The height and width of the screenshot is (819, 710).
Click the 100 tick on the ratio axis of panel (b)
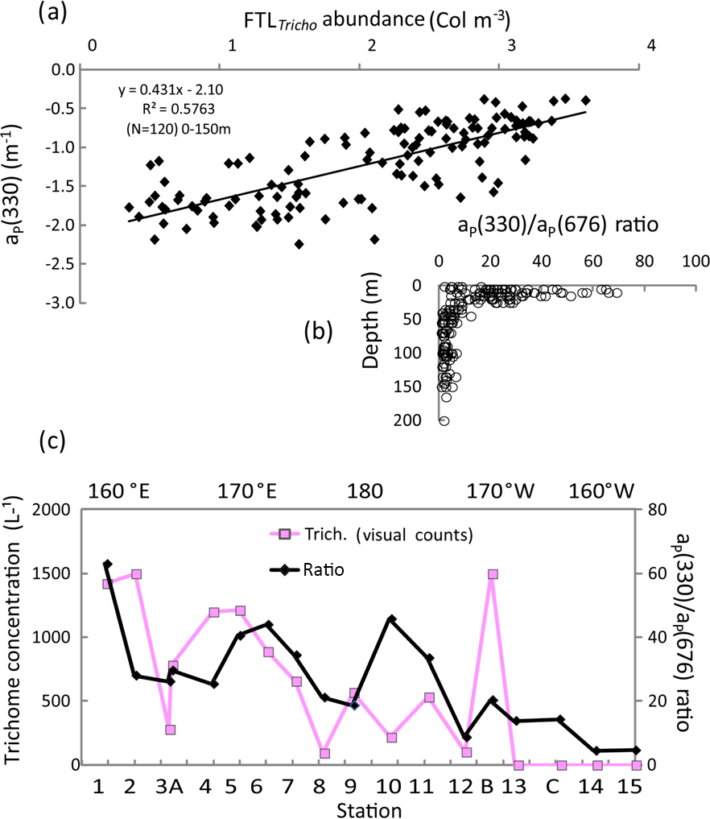click(695, 263)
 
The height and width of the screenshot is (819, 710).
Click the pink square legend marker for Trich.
click(283, 534)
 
